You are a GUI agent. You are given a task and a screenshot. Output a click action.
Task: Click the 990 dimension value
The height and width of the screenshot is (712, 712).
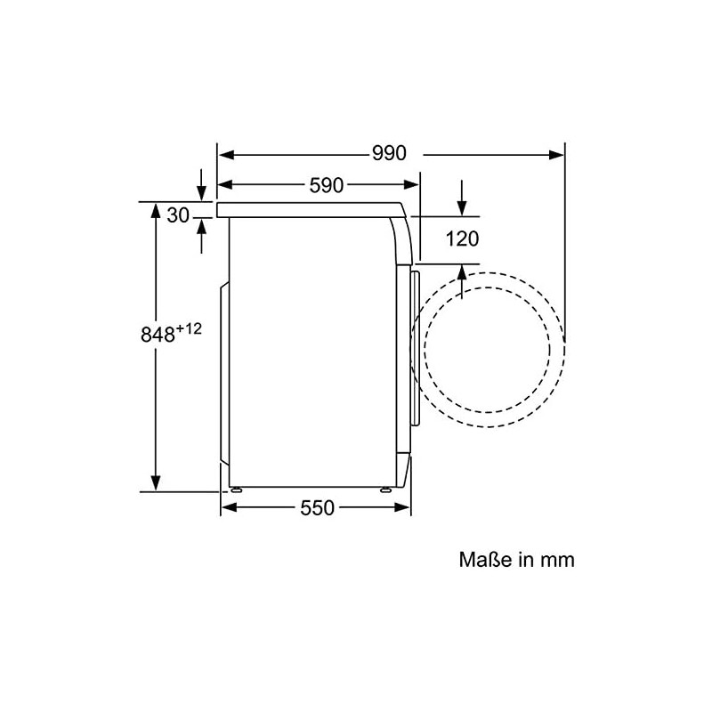pyautogui.click(x=389, y=153)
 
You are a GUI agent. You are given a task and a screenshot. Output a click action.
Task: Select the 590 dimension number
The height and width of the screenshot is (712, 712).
pyautogui.click(x=327, y=185)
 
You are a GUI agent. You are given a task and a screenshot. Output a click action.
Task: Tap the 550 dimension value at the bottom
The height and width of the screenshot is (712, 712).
pyautogui.click(x=317, y=507)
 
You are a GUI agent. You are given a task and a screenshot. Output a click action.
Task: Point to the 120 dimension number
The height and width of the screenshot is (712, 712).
pyautogui.click(x=462, y=239)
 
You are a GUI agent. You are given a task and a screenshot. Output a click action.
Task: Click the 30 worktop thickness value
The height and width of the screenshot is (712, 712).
pyautogui.click(x=177, y=215)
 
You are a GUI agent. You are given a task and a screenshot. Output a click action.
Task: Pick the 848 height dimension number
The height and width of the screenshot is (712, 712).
pyautogui.click(x=158, y=336)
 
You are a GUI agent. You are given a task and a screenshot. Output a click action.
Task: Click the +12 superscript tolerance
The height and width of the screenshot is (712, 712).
pyautogui.click(x=189, y=328)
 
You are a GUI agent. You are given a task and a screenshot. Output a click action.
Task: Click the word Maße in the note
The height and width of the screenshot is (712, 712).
pyautogui.click(x=485, y=560)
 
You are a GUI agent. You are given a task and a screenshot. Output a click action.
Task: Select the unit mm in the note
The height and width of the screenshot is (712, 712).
pyautogui.click(x=558, y=561)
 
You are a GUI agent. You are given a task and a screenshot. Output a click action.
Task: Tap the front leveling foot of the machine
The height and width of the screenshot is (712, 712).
pyautogui.click(x=386, y=490)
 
